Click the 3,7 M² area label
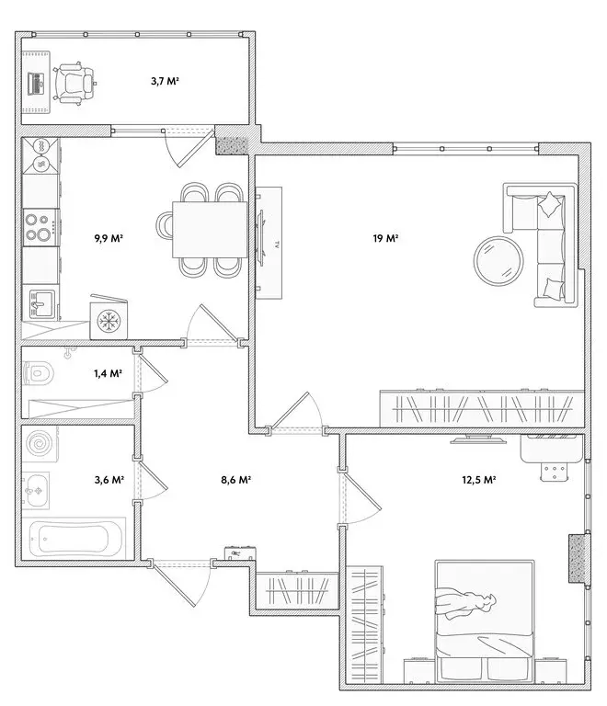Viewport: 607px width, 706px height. point(165,82)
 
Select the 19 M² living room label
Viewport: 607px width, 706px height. point(384,239)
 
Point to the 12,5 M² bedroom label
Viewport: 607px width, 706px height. point(478,480)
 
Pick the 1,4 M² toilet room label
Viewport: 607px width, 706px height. point(109,373)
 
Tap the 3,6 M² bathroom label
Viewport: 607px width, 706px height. point(110,480)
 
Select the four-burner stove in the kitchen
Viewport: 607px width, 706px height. point(40,226)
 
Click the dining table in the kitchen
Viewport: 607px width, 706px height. point(209,230)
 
